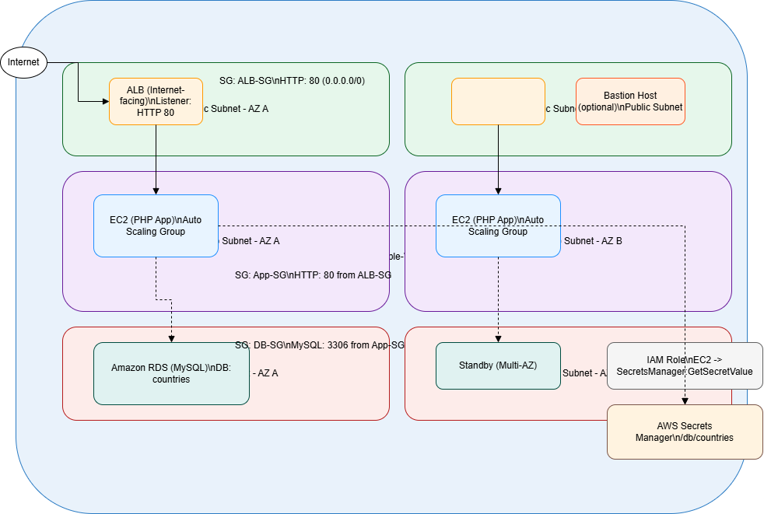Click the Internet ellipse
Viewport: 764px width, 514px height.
24,62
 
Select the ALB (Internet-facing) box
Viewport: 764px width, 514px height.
156,101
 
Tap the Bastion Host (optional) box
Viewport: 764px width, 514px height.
630,101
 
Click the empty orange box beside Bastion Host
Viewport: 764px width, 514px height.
498,101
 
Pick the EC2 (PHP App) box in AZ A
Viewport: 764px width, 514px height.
156,226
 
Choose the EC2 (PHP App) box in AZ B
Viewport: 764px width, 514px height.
498,226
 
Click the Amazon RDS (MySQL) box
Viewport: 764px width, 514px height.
171,373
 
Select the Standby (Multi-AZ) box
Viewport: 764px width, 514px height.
498,365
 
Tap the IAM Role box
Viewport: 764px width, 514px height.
685,365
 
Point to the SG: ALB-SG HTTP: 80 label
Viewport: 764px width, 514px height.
293,81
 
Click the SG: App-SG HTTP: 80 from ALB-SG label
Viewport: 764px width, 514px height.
313,275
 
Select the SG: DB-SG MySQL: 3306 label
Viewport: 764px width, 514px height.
320,344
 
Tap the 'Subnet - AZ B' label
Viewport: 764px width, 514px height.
593,241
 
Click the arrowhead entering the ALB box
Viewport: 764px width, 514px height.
105,101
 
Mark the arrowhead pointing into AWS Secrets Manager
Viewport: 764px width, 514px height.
685,400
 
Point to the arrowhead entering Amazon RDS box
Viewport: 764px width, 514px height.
171,338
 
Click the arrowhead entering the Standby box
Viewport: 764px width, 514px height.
498,338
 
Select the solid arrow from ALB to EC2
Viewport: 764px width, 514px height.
156,159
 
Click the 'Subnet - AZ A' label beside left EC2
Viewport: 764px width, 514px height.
251,241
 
